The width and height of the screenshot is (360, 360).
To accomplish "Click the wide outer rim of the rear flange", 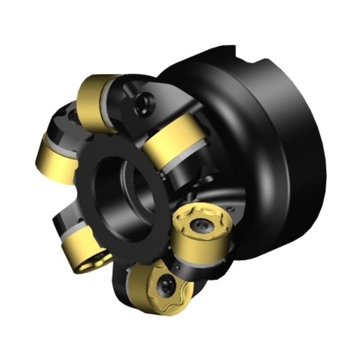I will tap(300, 150).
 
